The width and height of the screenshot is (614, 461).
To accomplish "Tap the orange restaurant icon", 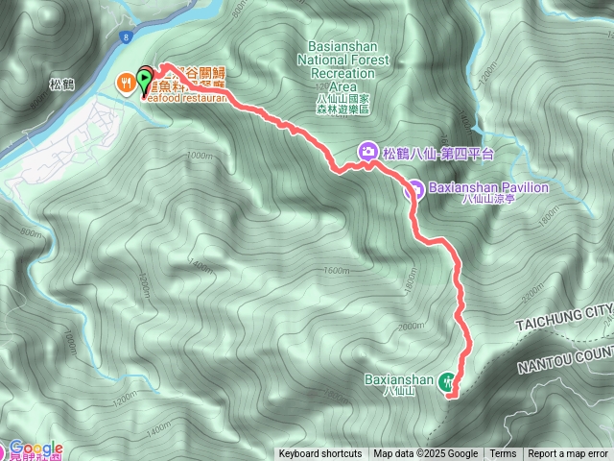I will click(126, 84).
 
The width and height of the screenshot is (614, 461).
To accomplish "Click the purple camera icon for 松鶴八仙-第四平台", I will click(367, 152).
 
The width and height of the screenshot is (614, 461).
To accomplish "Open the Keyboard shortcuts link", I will click(320, 454).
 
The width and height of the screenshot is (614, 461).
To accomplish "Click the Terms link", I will click(503, 454).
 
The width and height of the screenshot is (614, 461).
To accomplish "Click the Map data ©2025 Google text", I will click(426, 454).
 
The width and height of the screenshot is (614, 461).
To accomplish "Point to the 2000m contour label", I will click(410, 327).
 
